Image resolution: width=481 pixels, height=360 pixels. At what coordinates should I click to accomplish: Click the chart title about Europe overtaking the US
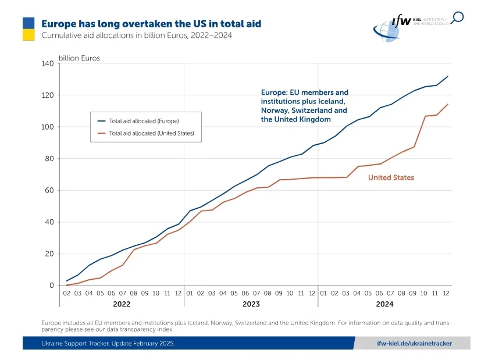pos(151,24)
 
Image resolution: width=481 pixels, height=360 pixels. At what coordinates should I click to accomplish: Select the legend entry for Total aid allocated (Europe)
pos(144,121)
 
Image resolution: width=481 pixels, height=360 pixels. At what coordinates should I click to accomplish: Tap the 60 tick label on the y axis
pos(49,190)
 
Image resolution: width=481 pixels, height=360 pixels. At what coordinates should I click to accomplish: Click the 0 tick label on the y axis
pos(52,286)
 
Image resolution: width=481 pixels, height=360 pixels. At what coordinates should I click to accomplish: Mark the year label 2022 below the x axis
pos(121,304)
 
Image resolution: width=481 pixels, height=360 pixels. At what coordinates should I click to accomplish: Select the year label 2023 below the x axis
pos(251,304)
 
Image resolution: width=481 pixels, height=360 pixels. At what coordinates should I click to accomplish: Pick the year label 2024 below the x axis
pos(384,304)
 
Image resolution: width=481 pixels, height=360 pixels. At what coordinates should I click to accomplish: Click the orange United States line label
pos(391,177)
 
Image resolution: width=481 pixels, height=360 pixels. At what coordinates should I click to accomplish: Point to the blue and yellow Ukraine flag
pos(29,28)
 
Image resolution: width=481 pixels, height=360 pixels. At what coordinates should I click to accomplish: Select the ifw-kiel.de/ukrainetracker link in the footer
pos(414,343)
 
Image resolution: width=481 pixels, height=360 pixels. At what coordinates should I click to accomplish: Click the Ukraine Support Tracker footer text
pos(108,343)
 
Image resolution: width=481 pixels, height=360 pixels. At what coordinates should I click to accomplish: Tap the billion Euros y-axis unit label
pos(79,58)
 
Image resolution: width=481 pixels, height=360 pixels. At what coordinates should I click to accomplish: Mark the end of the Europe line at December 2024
pos(447,76)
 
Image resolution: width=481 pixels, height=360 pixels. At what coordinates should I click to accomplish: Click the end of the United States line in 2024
pos(447,104)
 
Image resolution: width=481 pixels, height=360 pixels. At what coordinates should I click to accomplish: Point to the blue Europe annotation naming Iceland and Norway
pos(304,106)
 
